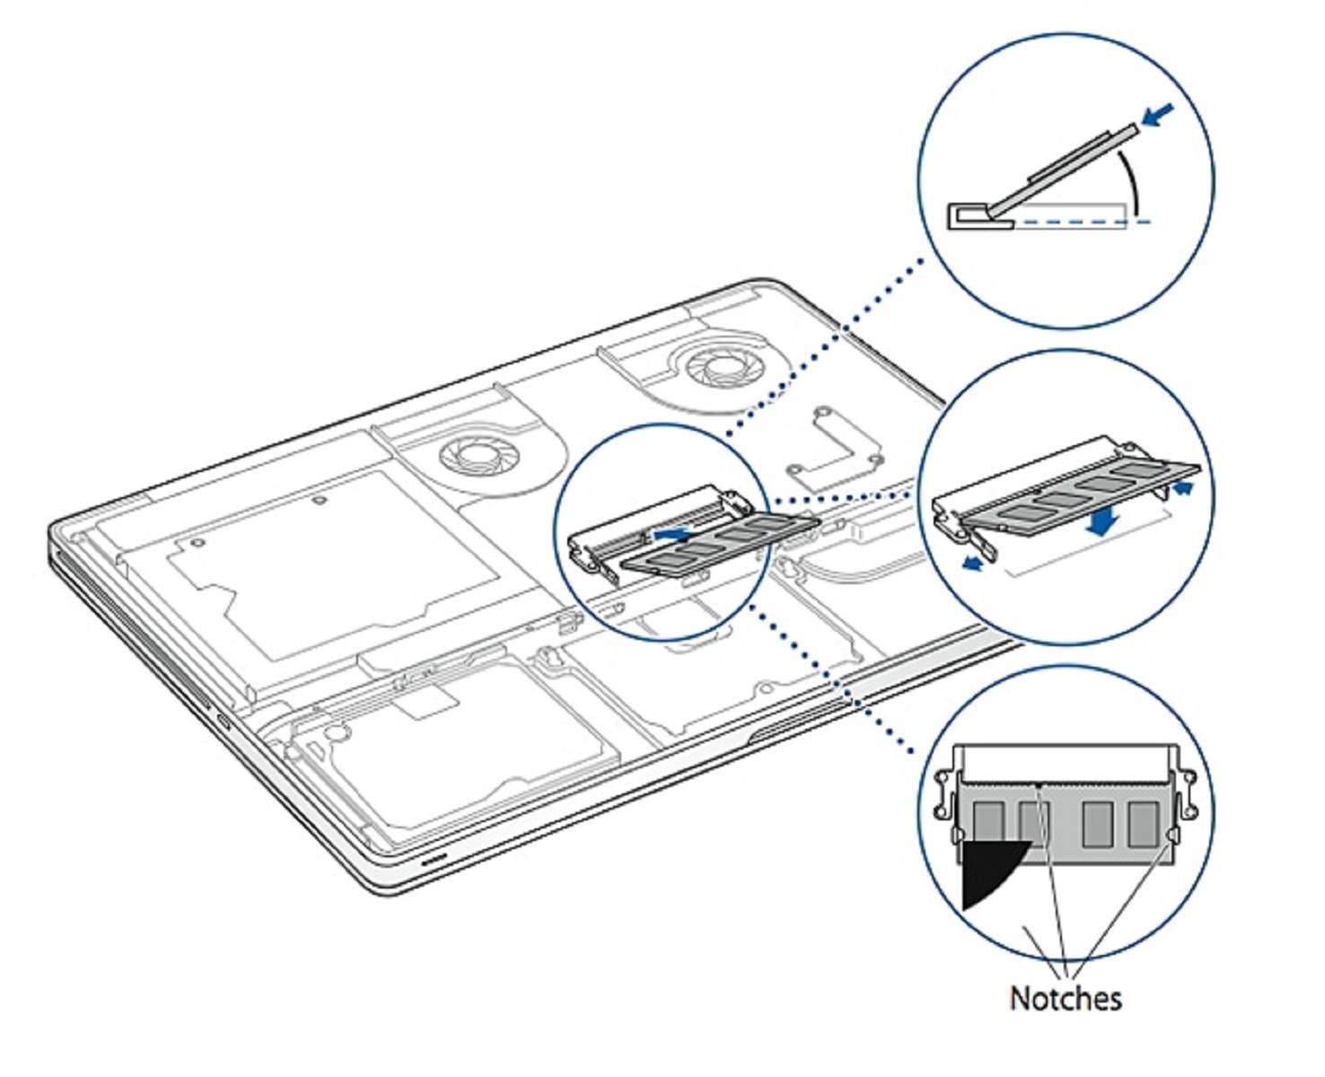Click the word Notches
(x=1065, y=998)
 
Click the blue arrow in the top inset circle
(x=1158, y=115)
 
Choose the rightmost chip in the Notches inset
(x=1143, y=824)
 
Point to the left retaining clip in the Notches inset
(x=944, y=794)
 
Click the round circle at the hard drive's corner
(x=335, y=731)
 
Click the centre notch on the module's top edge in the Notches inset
(x=1039, y=784)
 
